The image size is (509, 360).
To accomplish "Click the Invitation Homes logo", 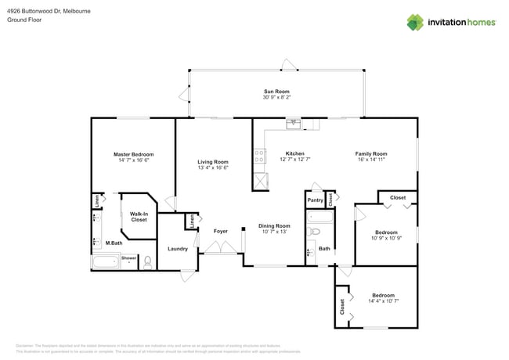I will pos(451,22).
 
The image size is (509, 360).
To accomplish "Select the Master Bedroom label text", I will pos(133,154).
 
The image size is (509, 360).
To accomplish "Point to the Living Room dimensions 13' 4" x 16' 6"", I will pos(212,167).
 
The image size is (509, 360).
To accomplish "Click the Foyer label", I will pos(220,231).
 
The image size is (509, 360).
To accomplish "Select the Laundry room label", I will pos(177,249).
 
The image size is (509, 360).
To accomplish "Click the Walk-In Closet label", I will pos(139,216).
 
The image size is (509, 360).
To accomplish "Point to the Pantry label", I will pos(315,200).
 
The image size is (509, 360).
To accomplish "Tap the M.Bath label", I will pos(114,243).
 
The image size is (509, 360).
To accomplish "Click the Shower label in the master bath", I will pos(128,257).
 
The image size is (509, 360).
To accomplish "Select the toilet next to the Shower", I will pos(147,262).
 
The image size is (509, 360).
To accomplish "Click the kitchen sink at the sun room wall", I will pos(294,123).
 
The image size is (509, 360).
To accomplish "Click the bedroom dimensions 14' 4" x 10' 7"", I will pos(384,301).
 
